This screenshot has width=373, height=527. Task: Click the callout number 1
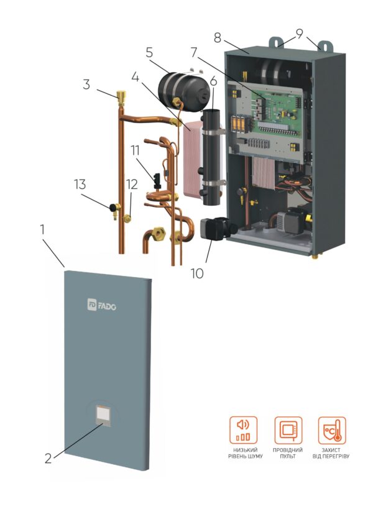click(43, 229)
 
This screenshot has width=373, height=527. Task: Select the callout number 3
click(86, 84)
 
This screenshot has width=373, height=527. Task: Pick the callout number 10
click(197, 272)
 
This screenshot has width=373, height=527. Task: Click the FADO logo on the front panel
click(102, 305)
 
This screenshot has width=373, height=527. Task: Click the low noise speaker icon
click(243, 430)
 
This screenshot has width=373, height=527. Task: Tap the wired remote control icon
click(288, 430)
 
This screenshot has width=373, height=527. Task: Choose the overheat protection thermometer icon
click(332, 430)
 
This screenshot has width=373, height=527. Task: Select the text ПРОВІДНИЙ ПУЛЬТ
click(288, 453)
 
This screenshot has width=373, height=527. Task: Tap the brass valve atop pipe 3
click(119, 96)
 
